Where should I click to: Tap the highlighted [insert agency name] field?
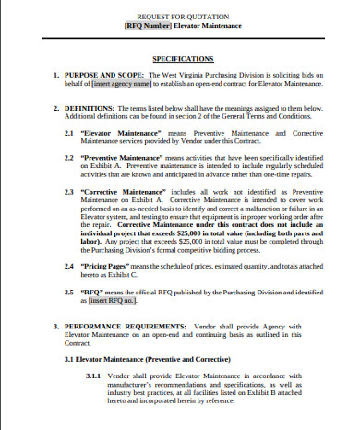(x=121, y=83)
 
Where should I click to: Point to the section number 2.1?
(x=69, y=133)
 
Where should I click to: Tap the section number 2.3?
(x=69, y=191)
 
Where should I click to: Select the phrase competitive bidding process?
(x=217, y=249)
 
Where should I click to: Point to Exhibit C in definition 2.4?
(x=120, y=274)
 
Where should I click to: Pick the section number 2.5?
(x=69, y=291)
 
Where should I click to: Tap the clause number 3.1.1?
(x=95, y=376)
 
